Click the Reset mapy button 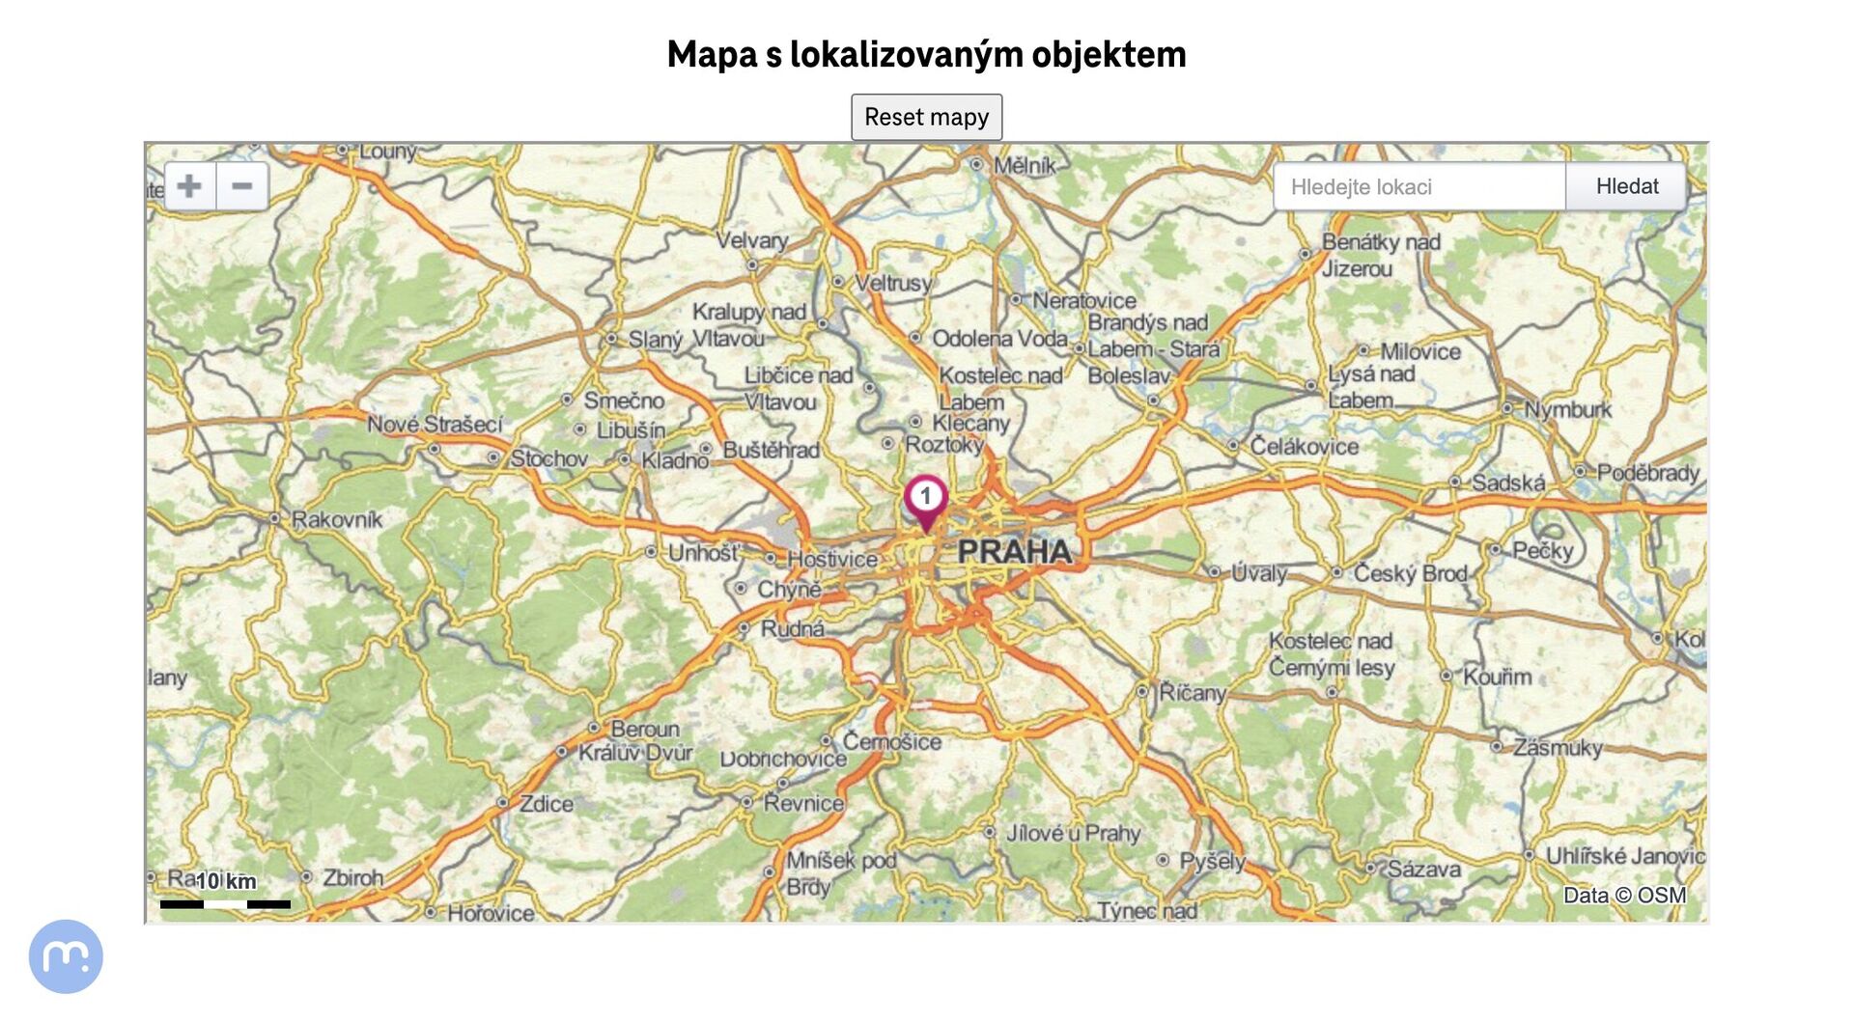click(926, 117)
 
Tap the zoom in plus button click(190, 185)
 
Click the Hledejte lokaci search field click(1418, 186)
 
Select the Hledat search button click(1626, 186)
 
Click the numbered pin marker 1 click(925, 498)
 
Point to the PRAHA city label click(1014, 552)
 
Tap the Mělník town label click(1025, 166)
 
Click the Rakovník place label click(336, 519)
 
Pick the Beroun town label click(644, 729)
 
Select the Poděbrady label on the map click(1647, 473)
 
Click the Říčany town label click(1192, 692)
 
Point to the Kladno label click(674, 460)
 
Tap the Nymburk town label click(1567, 409)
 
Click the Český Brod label click(1409, 573)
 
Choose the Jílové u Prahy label click(1073, 833)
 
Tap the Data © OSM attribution click(1624, 895)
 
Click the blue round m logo click(66, 955)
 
